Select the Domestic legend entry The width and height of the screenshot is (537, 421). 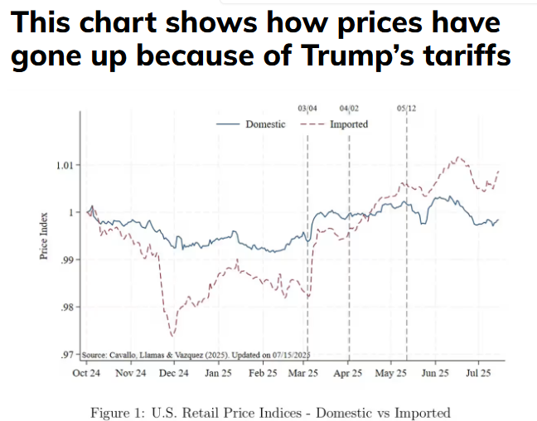click(x=264, y=123)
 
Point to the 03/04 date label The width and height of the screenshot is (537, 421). click(x=307, y=109)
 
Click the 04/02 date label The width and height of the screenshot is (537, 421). click(x=349, y=109)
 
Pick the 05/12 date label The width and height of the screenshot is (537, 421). click(x=406, y=109)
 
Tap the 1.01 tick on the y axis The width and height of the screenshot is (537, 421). click(x=65, y=164)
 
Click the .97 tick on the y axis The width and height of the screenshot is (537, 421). click(x=68, y=356)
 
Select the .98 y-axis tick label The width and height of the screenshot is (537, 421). click(x=68, y=307)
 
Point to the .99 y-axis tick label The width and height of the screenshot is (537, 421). click(x=68, y=259)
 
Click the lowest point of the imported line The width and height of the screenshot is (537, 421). click(x=172, y=336)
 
